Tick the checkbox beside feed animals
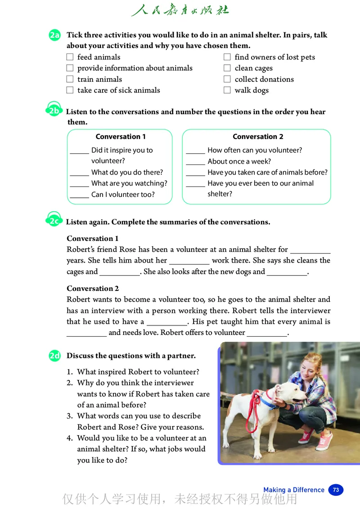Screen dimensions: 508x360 coord(70,57)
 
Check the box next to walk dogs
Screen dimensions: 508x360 coord(227,90)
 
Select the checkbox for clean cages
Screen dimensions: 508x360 coord(227,68)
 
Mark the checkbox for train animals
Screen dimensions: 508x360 coord(70,79)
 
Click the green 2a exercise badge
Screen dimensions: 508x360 coord(55,36)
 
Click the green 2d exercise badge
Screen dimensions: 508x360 coord(55,356)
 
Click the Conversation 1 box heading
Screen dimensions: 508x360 coord(121,137)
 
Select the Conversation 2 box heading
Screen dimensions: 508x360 coord(258,137)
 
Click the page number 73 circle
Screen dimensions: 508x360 coord(336,490)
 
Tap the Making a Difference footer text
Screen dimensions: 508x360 coord(294,490)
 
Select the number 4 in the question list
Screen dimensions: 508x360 coord(70,438)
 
